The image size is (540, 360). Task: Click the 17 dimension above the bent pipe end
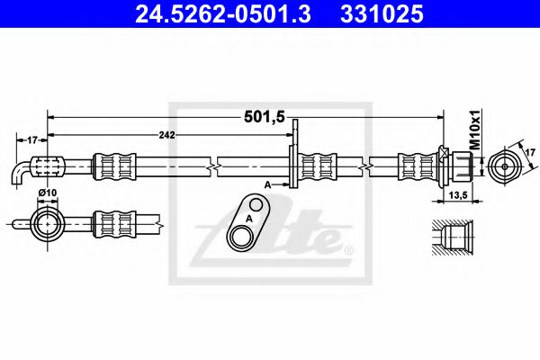(x=31, y=139)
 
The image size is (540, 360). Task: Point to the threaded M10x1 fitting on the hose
(x=461, y=166)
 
